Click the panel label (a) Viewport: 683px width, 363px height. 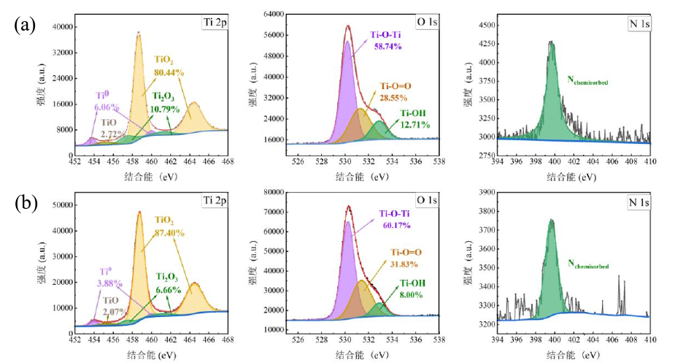coord(24,26)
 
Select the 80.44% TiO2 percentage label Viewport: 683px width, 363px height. coord(169,72)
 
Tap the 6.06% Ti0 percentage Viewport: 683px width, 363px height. coord(107,107)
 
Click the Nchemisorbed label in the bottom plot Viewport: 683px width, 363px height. coord(588,267)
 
